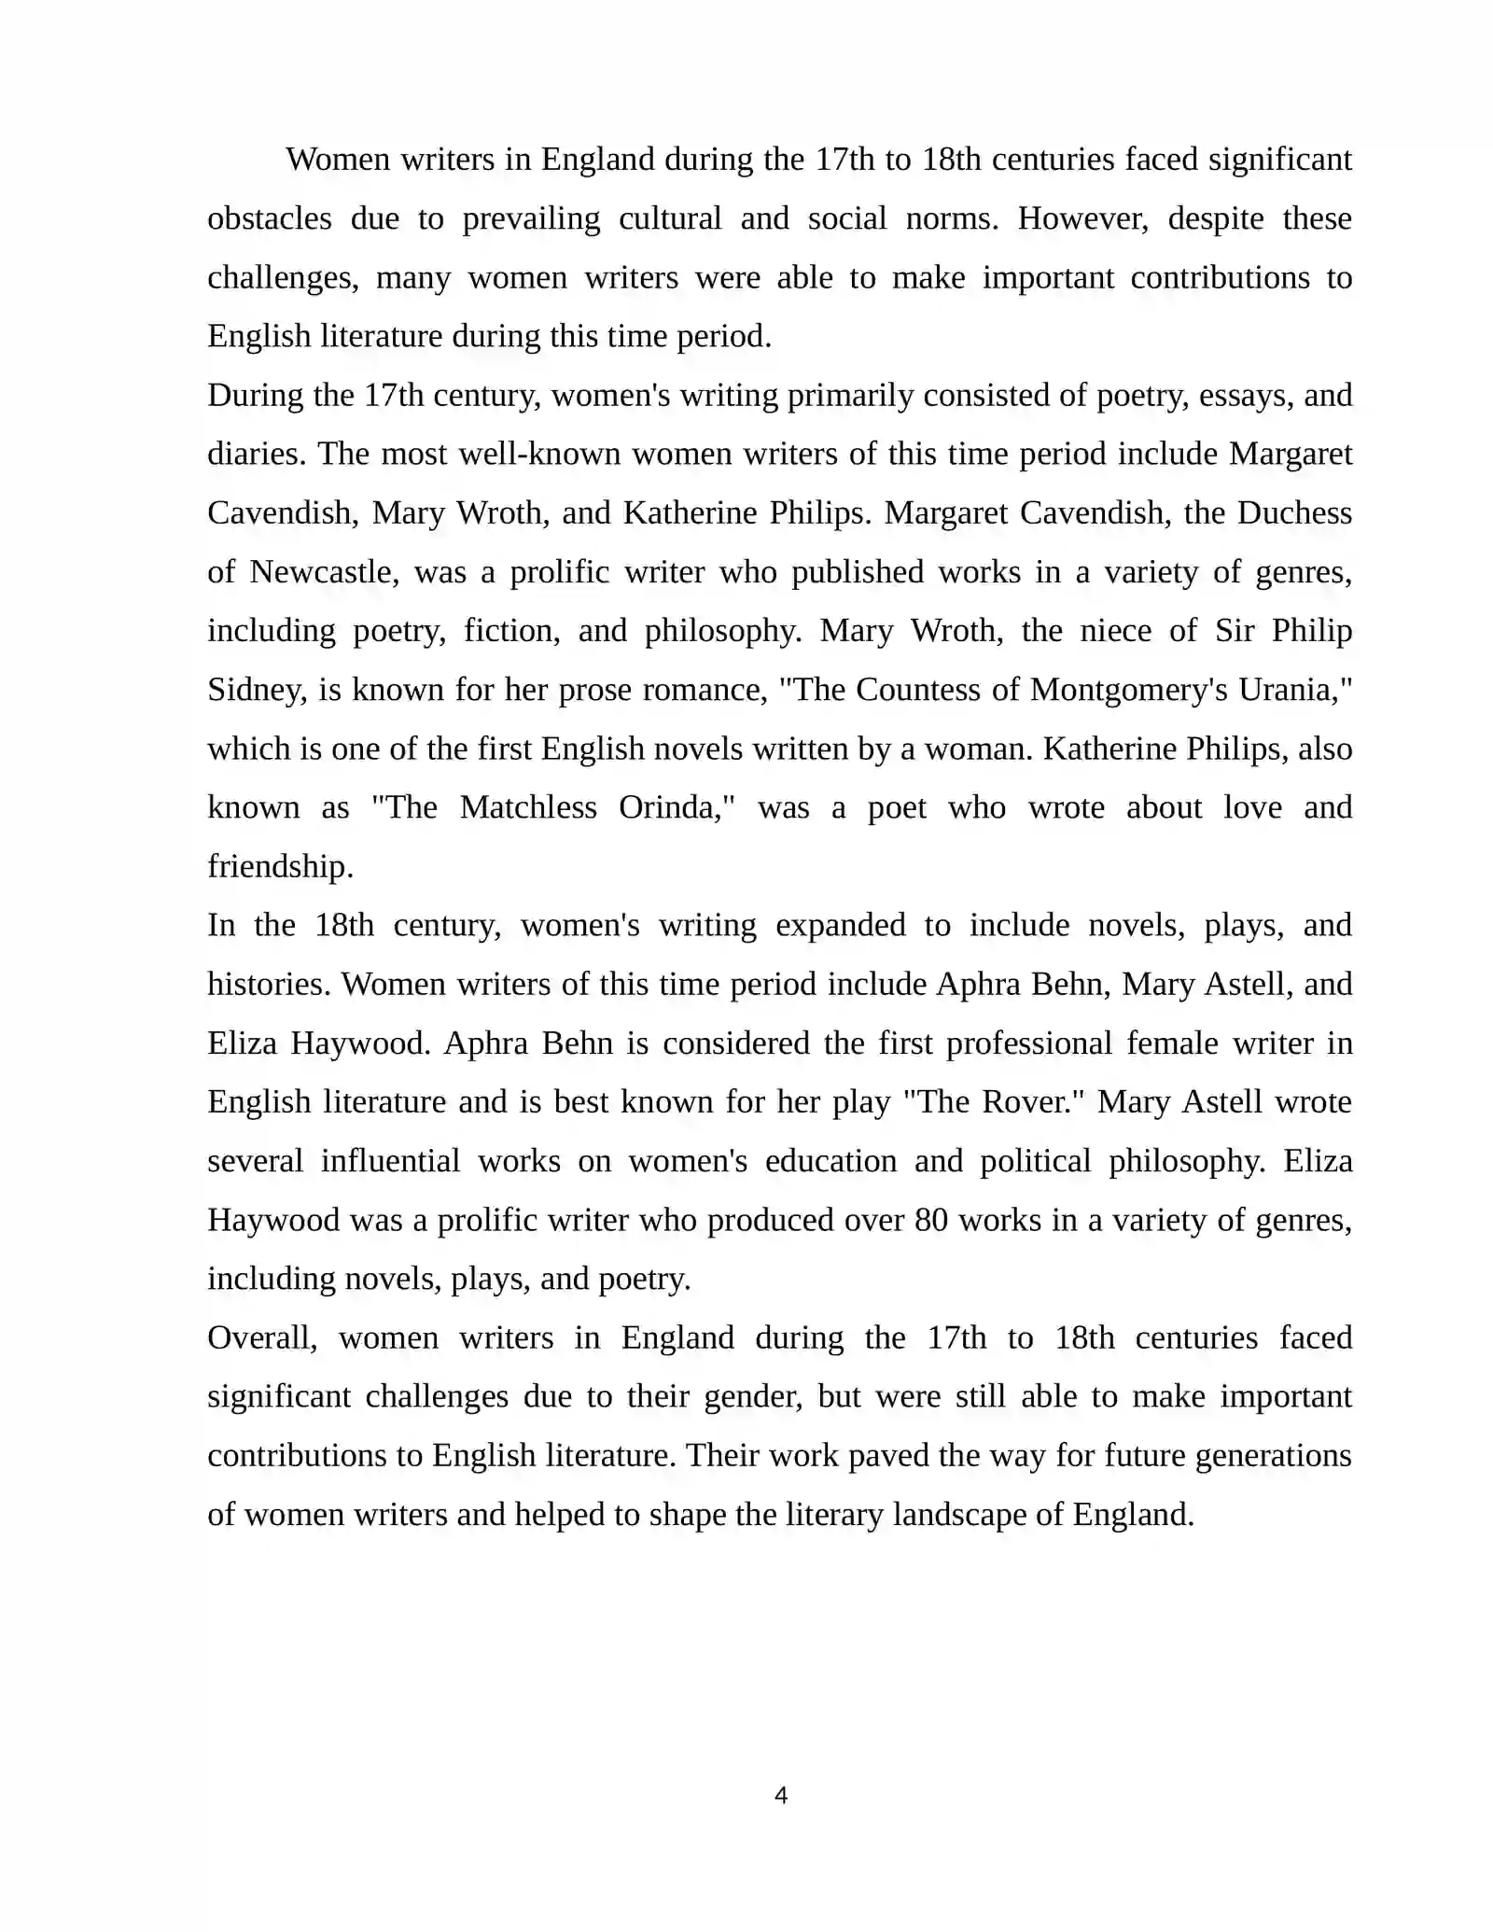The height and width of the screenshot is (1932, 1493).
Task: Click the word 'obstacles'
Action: point(269,218)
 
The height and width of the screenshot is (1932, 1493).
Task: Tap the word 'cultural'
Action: point(670,218)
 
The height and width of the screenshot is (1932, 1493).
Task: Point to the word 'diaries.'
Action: point(258,455)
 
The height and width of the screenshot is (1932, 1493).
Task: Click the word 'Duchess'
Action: point(1294,513)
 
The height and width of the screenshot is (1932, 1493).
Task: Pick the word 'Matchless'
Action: point(528,807)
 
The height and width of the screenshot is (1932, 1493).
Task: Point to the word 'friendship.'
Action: point(280,866)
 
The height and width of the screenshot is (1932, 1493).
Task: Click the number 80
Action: point(931,1220)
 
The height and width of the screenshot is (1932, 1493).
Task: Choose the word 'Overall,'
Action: point(262,1338)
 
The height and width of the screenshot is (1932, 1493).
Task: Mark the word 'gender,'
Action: point(753,1397)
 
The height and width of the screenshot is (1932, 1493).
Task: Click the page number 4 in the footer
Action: point(781,1795)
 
